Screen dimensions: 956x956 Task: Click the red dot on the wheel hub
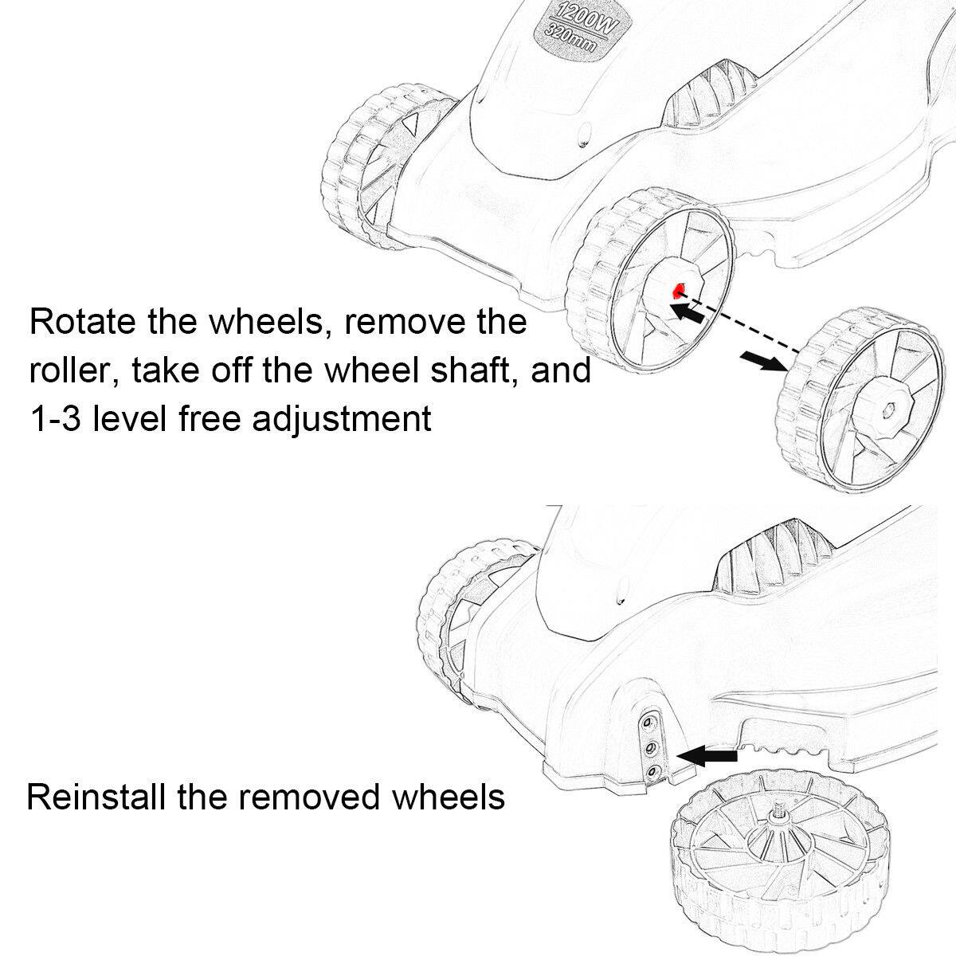point(679,289)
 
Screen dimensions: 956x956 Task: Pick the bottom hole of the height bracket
point(652,771)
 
